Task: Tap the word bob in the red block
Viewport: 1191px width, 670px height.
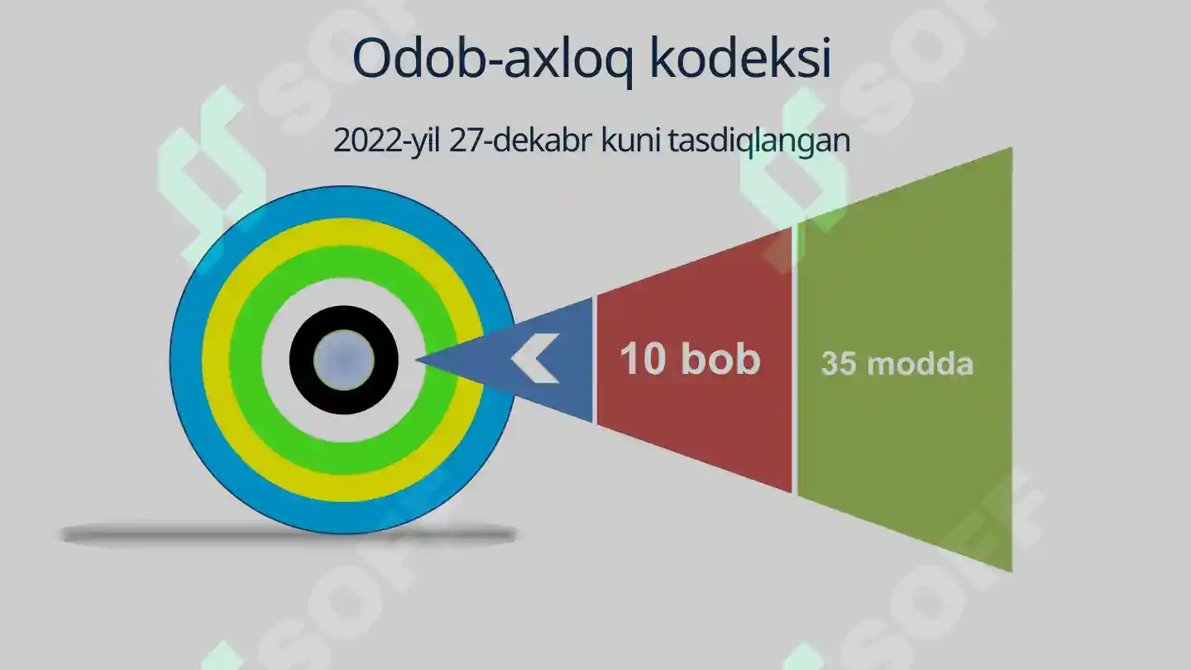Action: click(x=720, y=360)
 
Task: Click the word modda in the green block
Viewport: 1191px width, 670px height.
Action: click(x=920, y=364)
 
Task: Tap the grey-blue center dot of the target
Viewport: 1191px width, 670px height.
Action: click(x=344, y=360)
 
